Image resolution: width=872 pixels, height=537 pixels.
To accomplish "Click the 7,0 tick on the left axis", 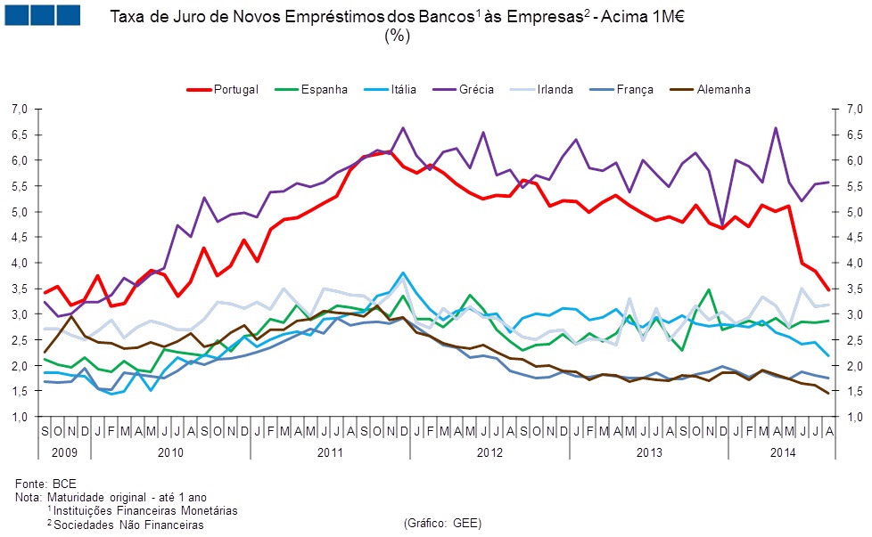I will [21, 109].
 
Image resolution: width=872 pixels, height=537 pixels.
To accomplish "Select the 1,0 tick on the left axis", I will [21, 417].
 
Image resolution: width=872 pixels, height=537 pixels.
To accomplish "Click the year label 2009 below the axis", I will [65, 452].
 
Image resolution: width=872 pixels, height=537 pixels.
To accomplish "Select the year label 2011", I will [330, 452].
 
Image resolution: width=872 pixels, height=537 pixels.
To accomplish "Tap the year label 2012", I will [489, 452].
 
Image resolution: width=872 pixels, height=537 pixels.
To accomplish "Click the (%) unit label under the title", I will [397, 36].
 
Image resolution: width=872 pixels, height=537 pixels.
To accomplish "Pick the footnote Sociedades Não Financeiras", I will [128, 525].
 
